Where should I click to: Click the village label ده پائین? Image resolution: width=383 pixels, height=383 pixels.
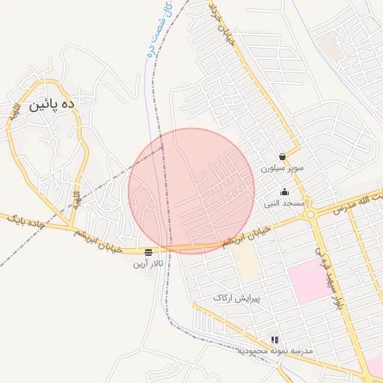[x=52, y=106]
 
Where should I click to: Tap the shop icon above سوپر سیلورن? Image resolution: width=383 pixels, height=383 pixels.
[x=282, y=157]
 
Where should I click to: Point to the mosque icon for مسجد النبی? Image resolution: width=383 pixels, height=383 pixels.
[x=284, y=192]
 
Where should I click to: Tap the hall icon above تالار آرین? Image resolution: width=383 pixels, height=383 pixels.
[x=149, y=252]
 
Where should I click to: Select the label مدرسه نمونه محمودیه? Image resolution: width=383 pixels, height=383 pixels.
[x=275, y=350]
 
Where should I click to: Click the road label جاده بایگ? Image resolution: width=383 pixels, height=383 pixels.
[x=26, y=220]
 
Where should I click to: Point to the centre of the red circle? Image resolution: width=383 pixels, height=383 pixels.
[x=191, y=191]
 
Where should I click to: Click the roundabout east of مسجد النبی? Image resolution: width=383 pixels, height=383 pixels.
[x=310, y=215]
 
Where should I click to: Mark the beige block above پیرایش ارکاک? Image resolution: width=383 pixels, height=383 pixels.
[x=244, y=262]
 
